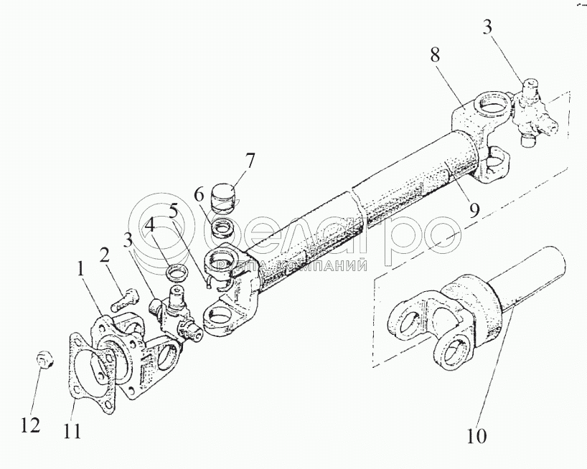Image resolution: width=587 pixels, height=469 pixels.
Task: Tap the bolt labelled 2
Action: (x=124, y=295)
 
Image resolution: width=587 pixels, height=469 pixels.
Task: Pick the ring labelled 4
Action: (x=177, y=273)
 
